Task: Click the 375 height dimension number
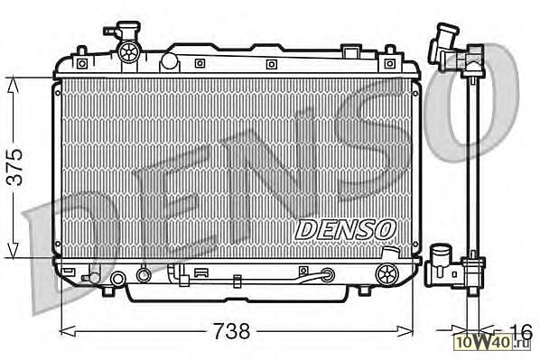(x=15, y=167)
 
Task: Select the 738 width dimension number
(x=231, y=331)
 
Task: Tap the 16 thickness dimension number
(x=520, y=331)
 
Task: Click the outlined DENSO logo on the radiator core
(x=345, y=230)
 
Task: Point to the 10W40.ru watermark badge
(x=493, y=342)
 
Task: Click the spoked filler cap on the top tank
(x=129, y=52)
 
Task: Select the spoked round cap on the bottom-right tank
(x=386, y=274)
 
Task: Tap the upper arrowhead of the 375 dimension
(x=13, y=84)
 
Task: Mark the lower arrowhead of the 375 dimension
(x=13, y=251)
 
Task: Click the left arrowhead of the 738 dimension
(x=68, y=331)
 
